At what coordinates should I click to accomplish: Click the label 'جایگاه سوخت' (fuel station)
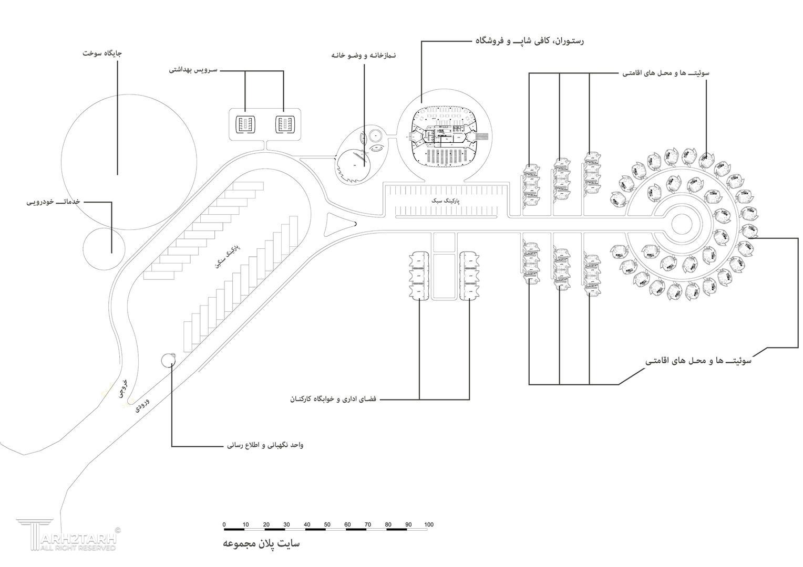coord(103,54)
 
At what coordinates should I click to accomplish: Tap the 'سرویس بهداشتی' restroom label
coord(193,69)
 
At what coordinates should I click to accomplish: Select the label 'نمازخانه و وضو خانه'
coord(363,55)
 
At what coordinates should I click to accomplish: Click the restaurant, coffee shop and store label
coord(529,40)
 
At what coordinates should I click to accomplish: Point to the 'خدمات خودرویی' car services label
coord(53,202)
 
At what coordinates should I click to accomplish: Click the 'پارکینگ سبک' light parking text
coord(445,201)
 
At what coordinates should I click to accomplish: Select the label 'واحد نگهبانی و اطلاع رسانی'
coord(265,446)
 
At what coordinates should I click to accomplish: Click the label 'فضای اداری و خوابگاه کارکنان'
coord(333,400)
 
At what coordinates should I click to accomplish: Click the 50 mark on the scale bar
coord(327,524)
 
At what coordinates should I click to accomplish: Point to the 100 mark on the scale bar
coord(429,524)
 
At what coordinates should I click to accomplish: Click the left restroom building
coord(244,124)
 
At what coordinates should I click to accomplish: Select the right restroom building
coord(285,124)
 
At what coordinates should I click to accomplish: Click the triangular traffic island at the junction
coord(335,226)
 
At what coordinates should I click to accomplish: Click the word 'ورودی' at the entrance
coord(142,404)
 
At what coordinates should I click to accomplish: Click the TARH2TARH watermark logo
coord(67,535)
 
